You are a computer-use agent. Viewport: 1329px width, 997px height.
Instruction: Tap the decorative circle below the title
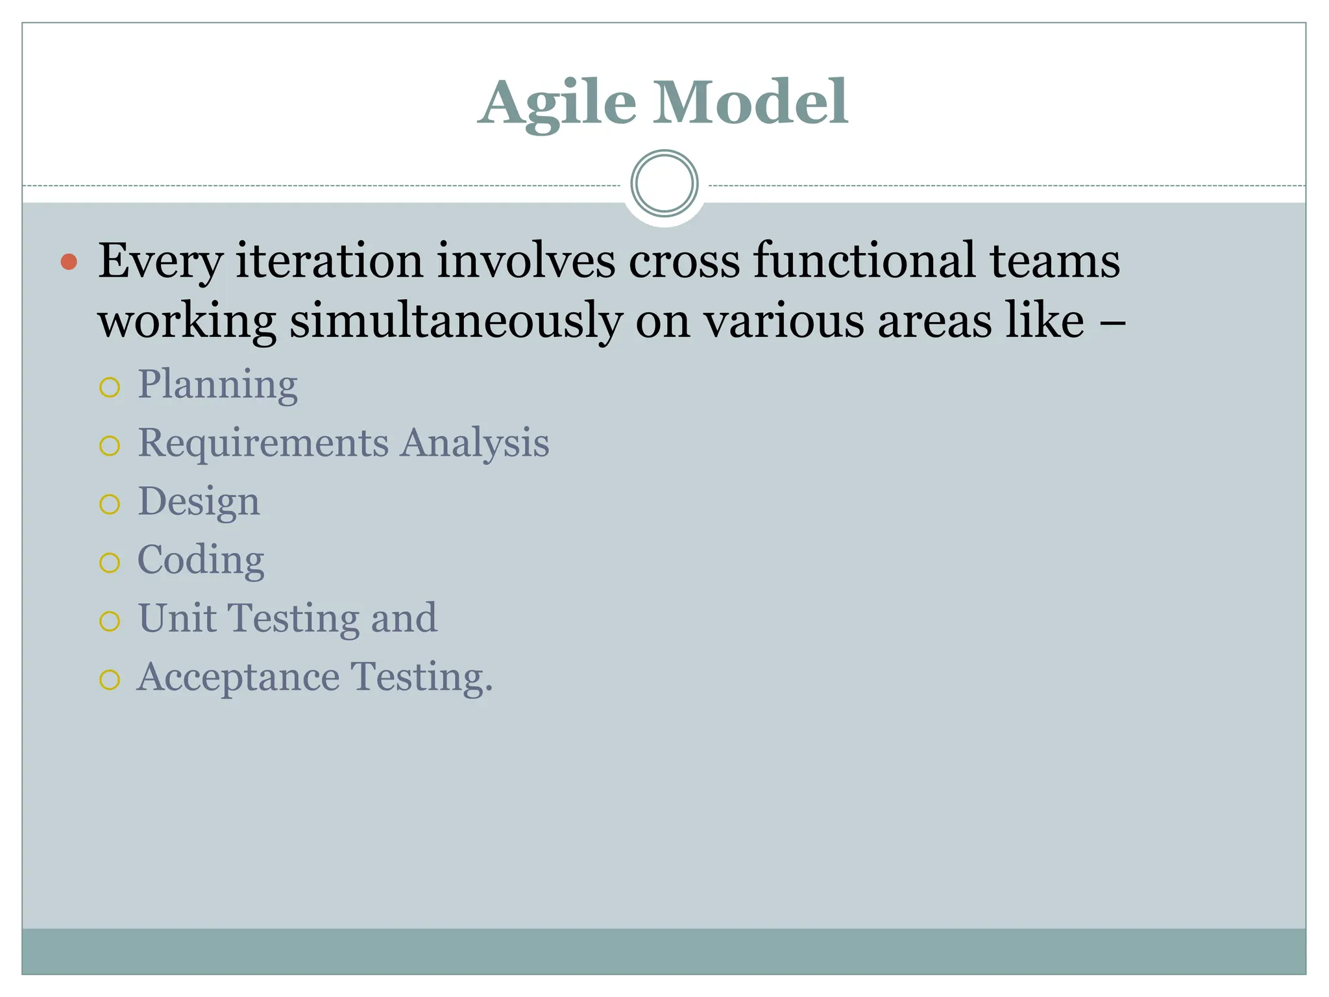pyautogui.click(x=664, y=184)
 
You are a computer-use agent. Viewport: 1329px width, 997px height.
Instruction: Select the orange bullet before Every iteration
pyautogui.click(x=69, y=262)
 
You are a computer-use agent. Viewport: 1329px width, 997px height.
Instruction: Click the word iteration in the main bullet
pyautogui.click(x=329, y=261)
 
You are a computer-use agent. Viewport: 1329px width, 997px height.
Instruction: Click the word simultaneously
pyautogui.click(x=456, y=321)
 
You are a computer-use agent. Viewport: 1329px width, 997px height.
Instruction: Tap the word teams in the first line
pyautogui.click(x=1055, y=261)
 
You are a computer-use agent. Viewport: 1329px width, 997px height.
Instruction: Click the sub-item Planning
pyautogui.click(x=217, y=385)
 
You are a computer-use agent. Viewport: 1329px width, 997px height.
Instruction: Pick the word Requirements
pyautogui.click(x=263, y=443)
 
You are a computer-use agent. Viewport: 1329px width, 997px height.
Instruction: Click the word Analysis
pyautogui.click(x=474, y=445)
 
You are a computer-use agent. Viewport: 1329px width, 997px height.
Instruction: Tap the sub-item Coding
pyautogui.click(x=201, y=561)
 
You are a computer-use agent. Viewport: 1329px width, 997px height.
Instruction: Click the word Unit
pyautogui.click(x=177, y=618)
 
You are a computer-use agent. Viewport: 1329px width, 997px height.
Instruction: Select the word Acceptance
pyautogui.click(x=238, y=678)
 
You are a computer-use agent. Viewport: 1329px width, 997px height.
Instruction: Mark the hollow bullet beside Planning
pyautogui.click(x=110, y=388)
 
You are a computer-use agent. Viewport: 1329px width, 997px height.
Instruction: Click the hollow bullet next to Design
pyautogui.click(x=110, y=504)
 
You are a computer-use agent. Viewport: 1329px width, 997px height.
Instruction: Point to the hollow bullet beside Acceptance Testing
pyautogui.click(x=110, y=680)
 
